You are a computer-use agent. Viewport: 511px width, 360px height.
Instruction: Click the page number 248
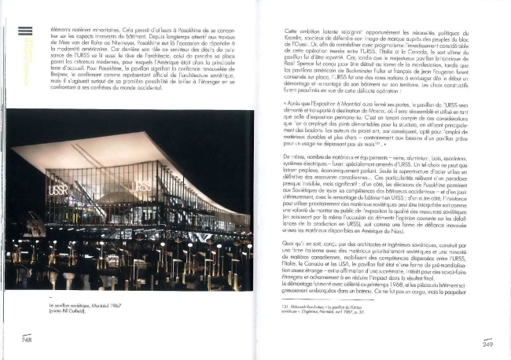click(26, 339)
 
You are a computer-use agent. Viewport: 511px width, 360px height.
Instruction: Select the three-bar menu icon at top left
click(26, 31)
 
